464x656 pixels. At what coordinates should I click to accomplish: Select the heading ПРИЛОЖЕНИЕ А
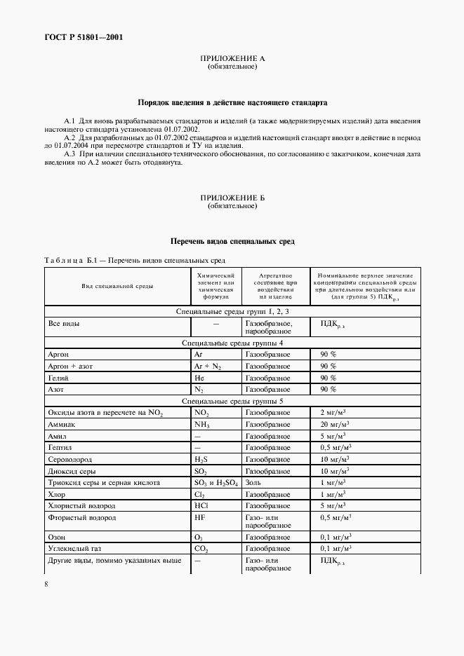tap(232, 59)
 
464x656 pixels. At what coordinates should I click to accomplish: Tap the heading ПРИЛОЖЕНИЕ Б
tap(232, 198)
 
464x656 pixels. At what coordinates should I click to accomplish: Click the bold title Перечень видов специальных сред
tap(232, 242)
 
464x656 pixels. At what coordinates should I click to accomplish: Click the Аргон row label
tap(58, 355)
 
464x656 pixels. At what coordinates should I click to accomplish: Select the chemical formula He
tap(199, 378)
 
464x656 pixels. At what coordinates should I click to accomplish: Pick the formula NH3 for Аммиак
tap(201, 425)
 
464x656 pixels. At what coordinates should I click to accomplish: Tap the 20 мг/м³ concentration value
tap(335, 425)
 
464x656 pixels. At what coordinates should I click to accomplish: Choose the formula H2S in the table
tap(201, 460)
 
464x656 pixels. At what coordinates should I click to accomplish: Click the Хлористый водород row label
tap(81, 505)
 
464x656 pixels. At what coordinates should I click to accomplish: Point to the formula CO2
tap(201, 549)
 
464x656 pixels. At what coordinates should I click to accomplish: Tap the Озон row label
tap(57, 537)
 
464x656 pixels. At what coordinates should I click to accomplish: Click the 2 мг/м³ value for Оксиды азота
tap(333, 413)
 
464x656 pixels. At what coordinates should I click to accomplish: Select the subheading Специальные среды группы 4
tap(232, 343)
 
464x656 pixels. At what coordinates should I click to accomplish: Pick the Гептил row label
tap(60, 447)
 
